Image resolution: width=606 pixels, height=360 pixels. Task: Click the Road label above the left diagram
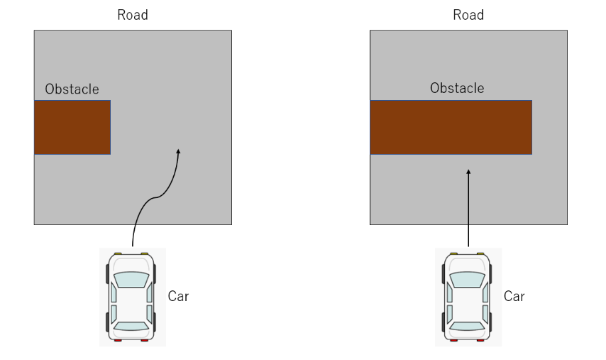tap(133, 15)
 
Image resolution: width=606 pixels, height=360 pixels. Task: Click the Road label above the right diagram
tap(468, 15)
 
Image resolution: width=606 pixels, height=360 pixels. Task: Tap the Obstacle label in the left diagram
tap(72, 89)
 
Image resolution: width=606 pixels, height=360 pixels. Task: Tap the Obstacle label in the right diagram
tap(457, 88)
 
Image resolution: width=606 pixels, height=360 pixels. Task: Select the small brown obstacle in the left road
tap(72, 128)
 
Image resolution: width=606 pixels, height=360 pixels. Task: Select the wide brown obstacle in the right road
tap(451, 128)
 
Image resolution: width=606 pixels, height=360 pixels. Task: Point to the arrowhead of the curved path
tap(179, 151)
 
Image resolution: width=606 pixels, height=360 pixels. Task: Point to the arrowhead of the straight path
tap(468, 172)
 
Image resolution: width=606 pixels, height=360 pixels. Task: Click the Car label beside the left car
tap(178, 296)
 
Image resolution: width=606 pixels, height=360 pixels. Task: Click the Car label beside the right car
tap(514, 296)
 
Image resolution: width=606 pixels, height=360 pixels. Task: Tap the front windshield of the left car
tap(131, 279)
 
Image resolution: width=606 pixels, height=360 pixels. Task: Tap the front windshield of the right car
tap(467, 279)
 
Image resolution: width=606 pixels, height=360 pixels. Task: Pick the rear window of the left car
tap(131, 326)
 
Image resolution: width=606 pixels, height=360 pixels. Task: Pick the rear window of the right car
tap(467, 326)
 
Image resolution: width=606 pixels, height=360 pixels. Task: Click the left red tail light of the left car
tap(118, 340)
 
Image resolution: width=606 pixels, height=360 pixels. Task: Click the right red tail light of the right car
tap(480, 340)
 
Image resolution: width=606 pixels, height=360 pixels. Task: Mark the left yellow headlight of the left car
tap(118, 253)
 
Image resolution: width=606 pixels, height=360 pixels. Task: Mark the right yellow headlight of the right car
tap(480, 253)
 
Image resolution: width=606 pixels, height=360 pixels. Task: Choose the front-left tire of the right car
tap(444, 274)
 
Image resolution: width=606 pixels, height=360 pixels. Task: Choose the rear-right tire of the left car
tap(155, 322)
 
